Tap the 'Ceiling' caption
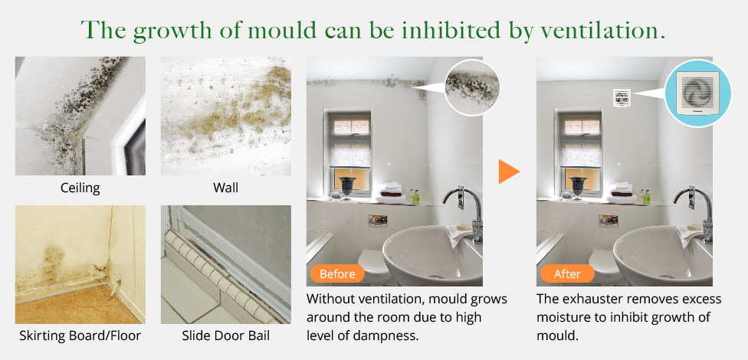click(x=80, y=188)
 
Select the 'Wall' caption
click(x=225, y=188)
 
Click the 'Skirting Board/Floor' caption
click(x=80, y=335)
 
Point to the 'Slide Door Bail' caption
click(x=225, y=335)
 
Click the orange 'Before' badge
click(x=337, y=274)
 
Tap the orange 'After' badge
click(x=567, y=274)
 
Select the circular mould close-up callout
click(x=472, y=87)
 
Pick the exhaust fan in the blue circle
click(x=697, y=93)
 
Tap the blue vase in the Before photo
click(x=348, y=186)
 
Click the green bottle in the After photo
click(x=646, y=197)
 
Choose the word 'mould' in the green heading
click(x=282, y=30)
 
